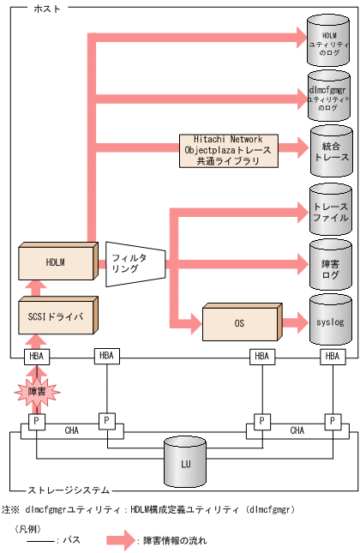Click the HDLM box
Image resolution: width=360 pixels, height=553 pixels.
(x=55, y=261)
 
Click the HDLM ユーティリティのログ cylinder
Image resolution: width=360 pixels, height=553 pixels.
(x=329, y=43)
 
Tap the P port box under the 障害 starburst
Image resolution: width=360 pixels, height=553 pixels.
(x=36, y=421)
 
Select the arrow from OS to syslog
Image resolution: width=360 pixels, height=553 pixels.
(x=292, y=324)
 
